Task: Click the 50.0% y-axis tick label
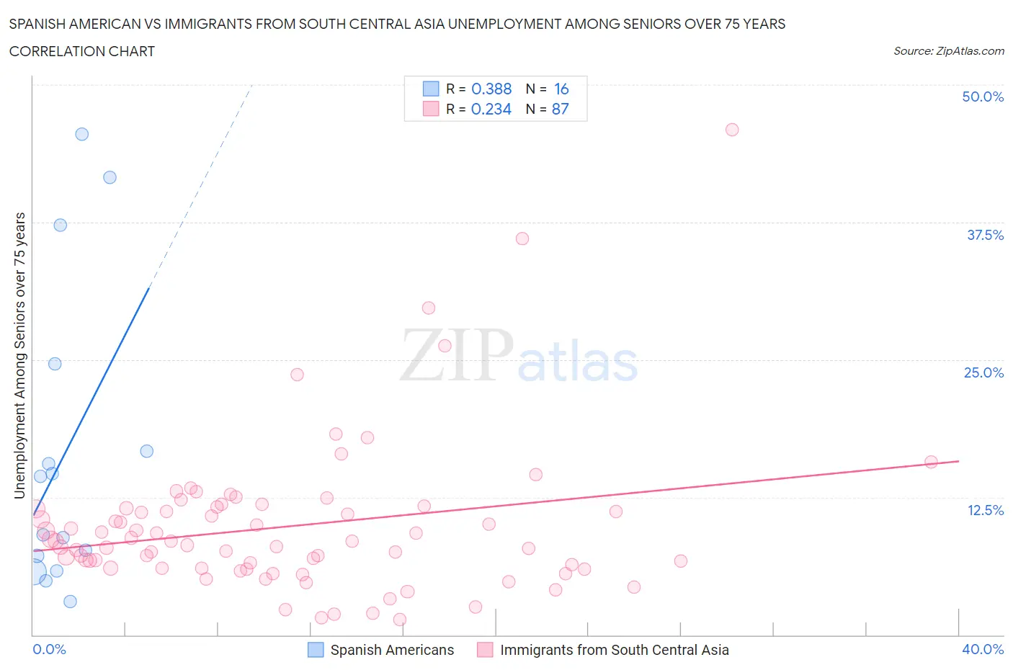point(983,97)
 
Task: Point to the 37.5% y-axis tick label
point(985,235)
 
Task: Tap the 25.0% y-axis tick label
point(983,372)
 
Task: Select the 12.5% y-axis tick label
point(985,510)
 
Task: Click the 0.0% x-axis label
point(49,649)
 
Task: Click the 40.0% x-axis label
point(983,649)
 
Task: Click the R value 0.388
point(491,89)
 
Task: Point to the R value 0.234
point(491,109)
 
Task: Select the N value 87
point(561,109)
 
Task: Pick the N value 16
point(561,89)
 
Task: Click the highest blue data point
point(82,134)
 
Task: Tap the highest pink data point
point(732,130)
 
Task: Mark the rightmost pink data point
point(931,462)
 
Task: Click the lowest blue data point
point(70,602)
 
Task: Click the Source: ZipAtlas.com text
point(948,50)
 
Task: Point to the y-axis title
point(19,355)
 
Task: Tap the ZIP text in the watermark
point(457,354)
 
